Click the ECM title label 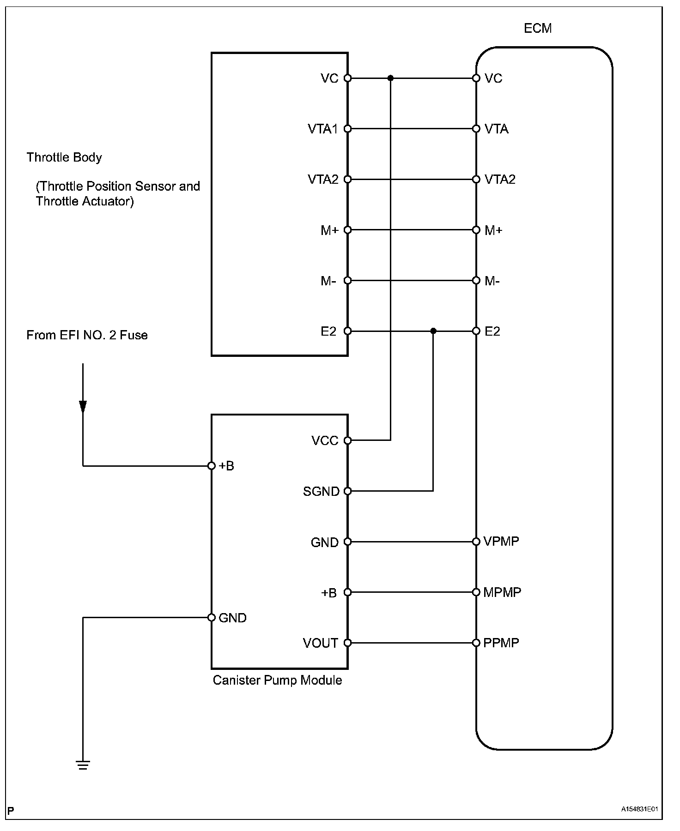click(x=537, y=29)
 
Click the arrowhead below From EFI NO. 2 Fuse click(x=83, y=407)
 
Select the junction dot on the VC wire click(x=390, y=78)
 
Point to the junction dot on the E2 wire click(x=433, y=331)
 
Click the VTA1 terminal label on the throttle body click(x=323, y=129)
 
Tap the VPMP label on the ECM click(x=501, y=541)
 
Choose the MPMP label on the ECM click(x=502, y=592)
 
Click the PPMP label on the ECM click(x=501, y=643)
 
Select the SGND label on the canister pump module click(x=321, y=491)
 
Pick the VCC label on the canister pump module click(x=325, y=441)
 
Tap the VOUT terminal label click(x=321, y=643)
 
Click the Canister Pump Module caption click(x=277, y=680)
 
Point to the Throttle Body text click(x=64, y=157)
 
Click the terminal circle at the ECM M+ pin click(x=476, y=230)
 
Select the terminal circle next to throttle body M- click(x=348, y=281)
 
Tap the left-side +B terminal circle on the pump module click(x=212, y=466)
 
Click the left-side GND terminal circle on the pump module click(x=212, y=617)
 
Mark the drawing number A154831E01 click(x=639, y=809)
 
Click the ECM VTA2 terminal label click(x=500, y=180)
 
